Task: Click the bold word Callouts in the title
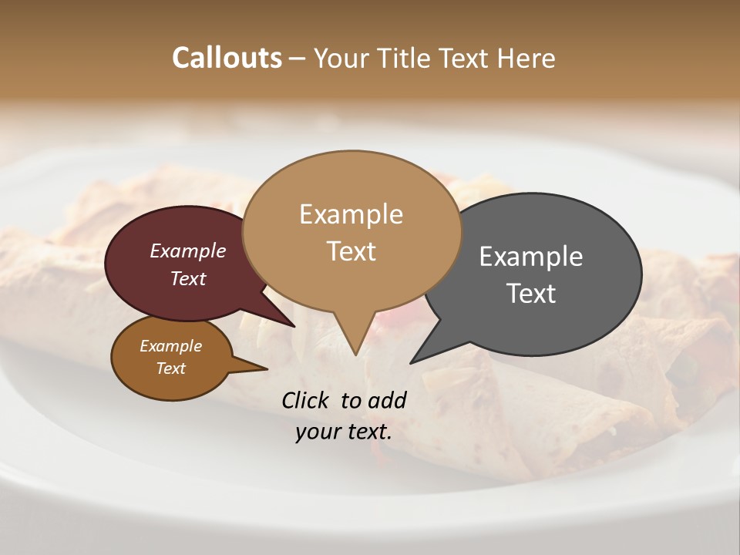(x=227, y=58)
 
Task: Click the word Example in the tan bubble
(x=351, y=214)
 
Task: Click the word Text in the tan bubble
(x=351, y=251)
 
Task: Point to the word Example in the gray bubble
(x=530, y=256)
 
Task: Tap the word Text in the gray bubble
(x=530, y=293)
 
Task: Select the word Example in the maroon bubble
(x=187, y=251)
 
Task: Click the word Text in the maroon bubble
(x=187, y=278)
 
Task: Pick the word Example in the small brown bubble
(x=170, y=346)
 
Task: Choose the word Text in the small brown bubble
(x=170, y=368)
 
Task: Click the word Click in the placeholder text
(x=307, y=400)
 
